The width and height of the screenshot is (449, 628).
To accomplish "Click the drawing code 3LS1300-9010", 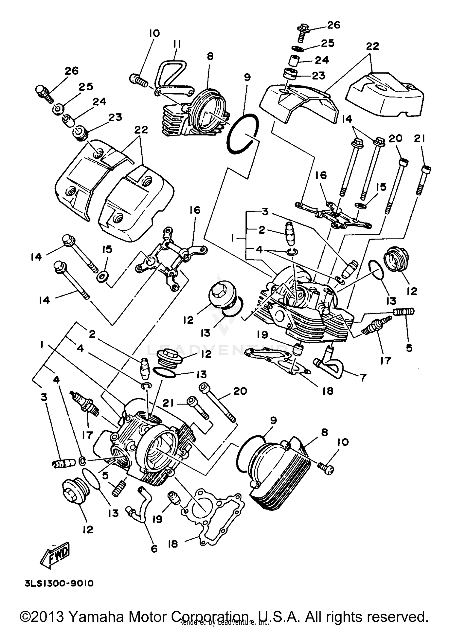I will point(59,583).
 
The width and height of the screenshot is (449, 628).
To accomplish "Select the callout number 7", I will point(363,378).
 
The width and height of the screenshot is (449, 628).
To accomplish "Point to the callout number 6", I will point(154,548).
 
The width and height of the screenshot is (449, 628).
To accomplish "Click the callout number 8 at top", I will point(210,56).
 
